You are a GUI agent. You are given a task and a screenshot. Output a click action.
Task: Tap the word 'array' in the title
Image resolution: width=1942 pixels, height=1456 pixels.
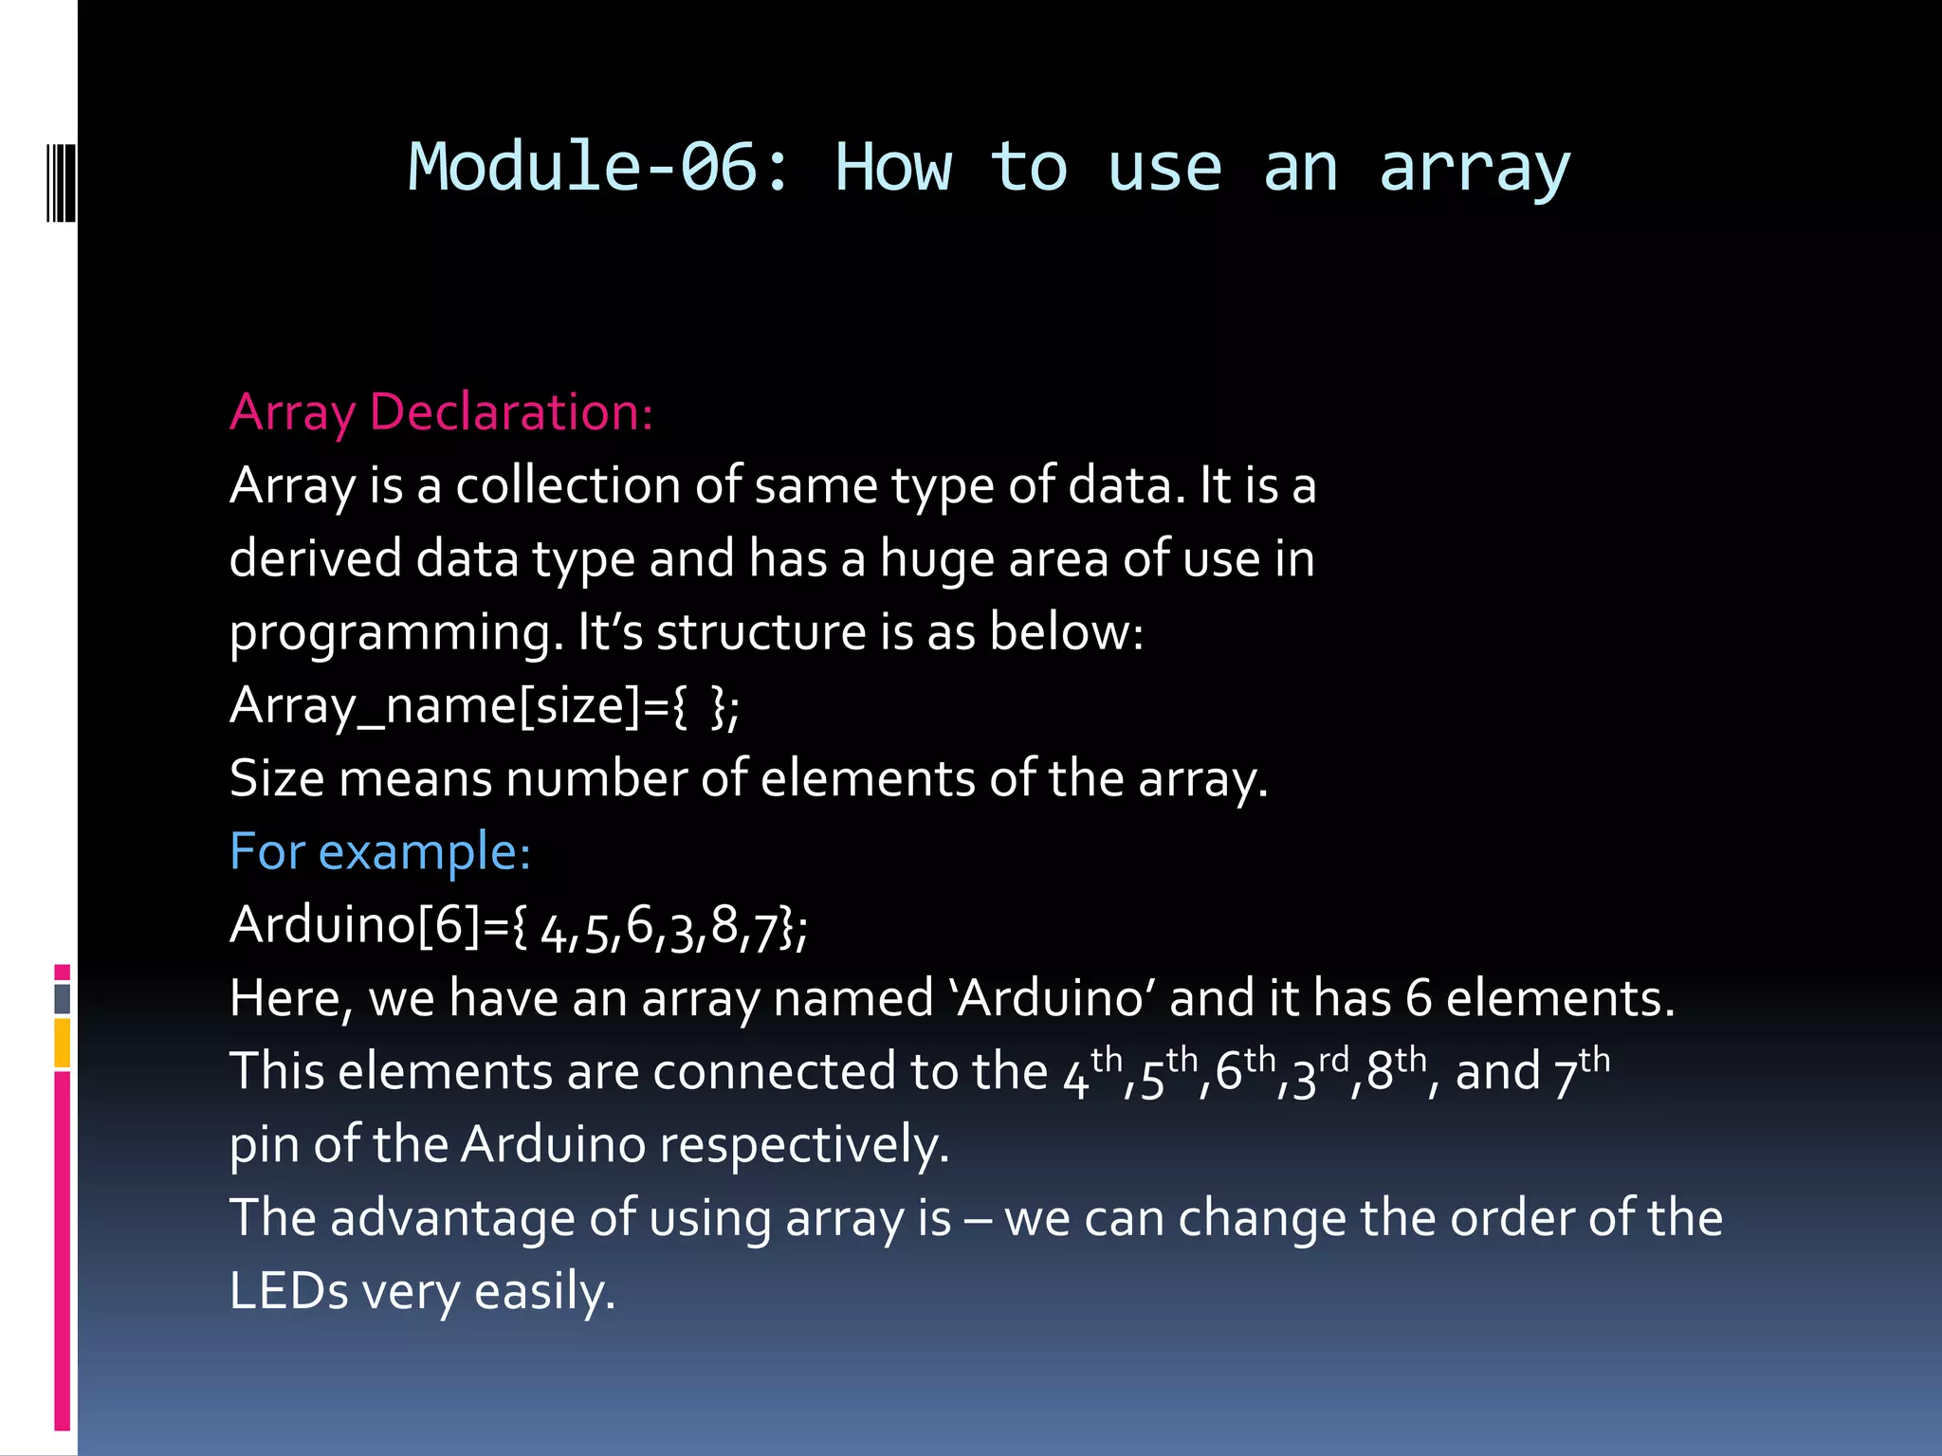pos(1475,168)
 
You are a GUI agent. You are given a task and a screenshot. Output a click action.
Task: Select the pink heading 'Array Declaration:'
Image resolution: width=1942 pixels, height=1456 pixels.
pos(441,412)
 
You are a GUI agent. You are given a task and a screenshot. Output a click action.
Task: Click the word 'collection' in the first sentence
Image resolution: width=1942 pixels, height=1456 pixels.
pos(568,485)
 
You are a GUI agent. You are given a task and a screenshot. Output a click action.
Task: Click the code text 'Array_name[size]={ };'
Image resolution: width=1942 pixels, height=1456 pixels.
pos(485,705)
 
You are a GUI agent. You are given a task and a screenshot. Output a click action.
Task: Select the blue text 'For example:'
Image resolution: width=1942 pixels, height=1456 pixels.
pos(380,851)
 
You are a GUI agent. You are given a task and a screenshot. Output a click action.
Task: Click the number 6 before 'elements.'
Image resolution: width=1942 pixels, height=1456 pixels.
pos(1419,998)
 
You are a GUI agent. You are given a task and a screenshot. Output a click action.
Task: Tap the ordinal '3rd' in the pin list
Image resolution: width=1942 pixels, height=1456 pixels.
pos(1319,1072)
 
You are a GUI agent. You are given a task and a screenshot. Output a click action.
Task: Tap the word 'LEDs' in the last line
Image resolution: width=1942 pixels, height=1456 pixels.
pos(289,1291)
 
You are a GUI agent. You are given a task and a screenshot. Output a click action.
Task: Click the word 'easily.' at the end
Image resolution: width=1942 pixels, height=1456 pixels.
pos(544,1291)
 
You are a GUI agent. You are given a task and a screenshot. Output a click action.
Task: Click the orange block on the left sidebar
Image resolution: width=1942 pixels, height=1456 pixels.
pos(62,1043)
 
